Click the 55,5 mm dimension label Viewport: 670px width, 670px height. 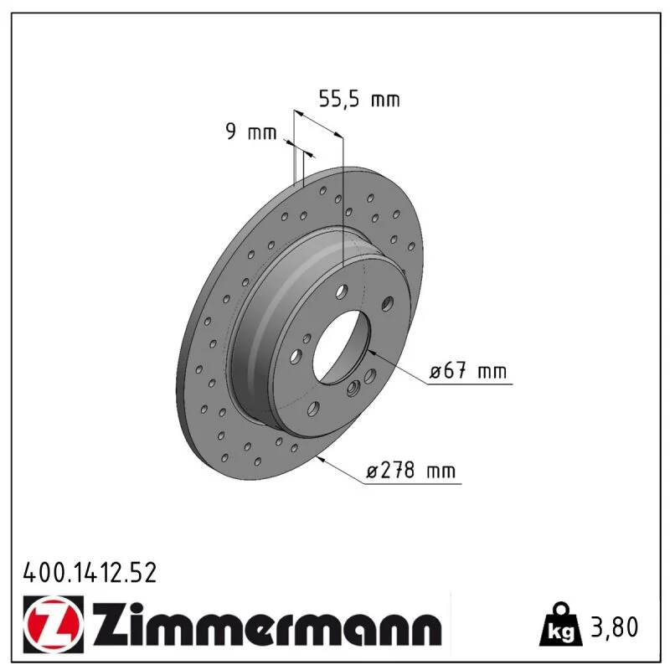click(x=359, y=99)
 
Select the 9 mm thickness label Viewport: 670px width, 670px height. click(x=251, y=132)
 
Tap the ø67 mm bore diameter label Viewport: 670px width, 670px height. click(x=468, y=370)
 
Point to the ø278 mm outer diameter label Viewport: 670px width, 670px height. click(x=411, y=471)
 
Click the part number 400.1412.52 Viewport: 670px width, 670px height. click(x=90, y=573)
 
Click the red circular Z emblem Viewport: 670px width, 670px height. click(x=54, y=624)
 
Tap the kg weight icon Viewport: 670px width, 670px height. click(x=561, y=625)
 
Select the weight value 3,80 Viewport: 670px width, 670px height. click(x=615, y=626)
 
